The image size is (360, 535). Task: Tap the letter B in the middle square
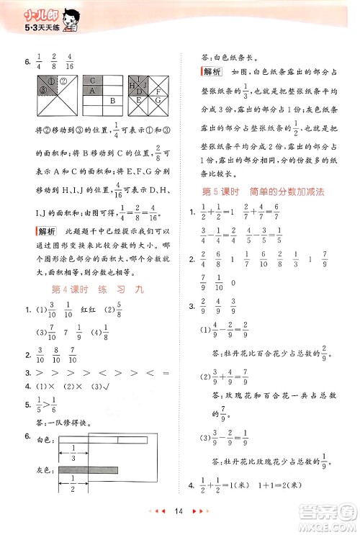click(112, 102)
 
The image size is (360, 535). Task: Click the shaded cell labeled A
click(93, 91)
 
